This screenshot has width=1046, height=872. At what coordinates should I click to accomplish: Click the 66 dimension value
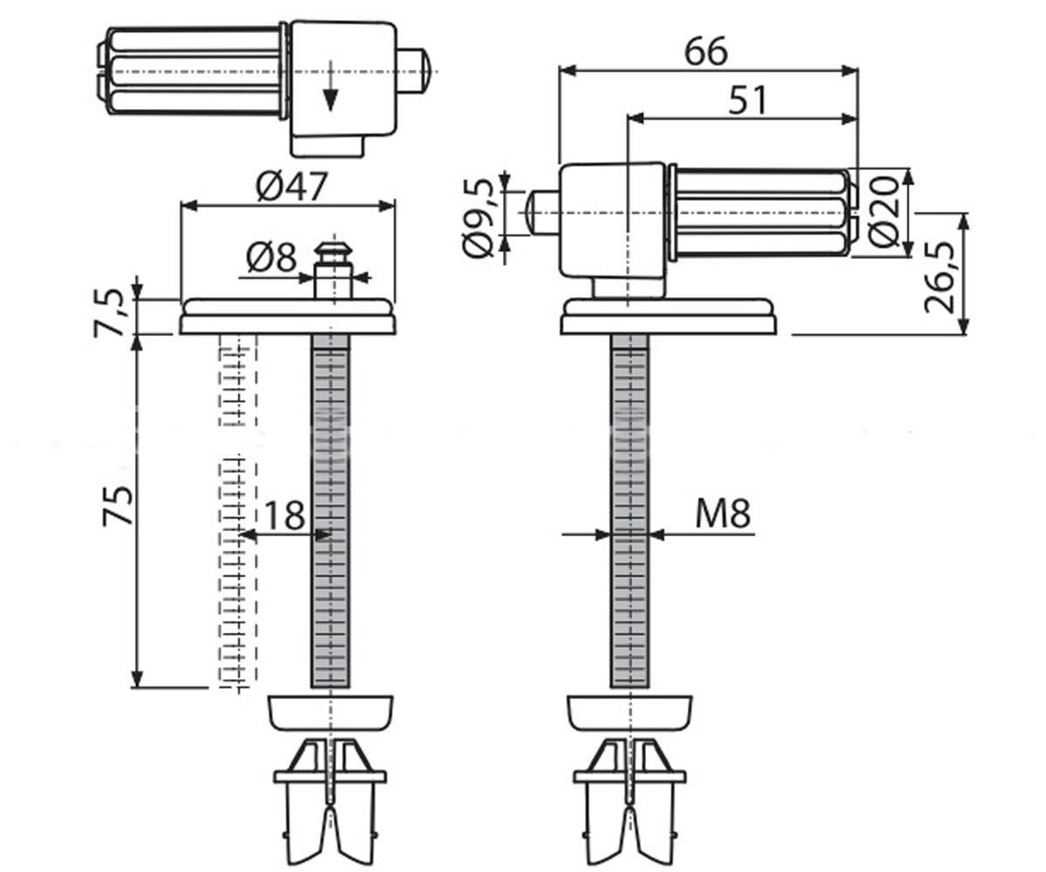(x=706, y=51)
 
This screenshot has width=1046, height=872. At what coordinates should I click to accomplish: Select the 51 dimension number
(x=747, y=99)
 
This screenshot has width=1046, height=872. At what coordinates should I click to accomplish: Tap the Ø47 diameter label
(x=291, y=186)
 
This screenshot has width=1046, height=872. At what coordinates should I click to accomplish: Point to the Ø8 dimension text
(x=271, y=257)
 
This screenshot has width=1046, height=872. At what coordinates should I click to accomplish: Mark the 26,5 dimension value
(x=940, y=278)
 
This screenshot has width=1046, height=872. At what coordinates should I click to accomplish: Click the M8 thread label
(x=723, y=514)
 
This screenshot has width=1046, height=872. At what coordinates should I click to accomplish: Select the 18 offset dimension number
(x=284, y=515)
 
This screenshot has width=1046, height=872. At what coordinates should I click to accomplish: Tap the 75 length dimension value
(x=119, y=506)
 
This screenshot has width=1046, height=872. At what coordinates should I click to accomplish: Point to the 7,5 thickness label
(x=109, y=313)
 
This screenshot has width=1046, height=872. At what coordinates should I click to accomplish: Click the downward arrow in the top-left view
(x=329, y=85)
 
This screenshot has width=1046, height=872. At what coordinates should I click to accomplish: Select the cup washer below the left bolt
(x=330, y=712)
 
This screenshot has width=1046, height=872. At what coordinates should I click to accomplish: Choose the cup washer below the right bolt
(x=629, y=712)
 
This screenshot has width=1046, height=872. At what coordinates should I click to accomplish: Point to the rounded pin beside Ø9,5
(x=541, y=213)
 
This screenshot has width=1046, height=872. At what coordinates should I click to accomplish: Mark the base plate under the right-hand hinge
(x=669, y=317)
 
